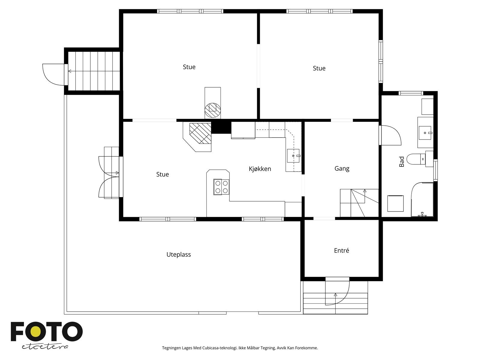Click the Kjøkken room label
tap(260, 169)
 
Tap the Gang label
tap(342, 169)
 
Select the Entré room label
tap(341, 250)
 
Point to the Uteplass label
tap(178, 255)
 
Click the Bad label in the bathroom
tap(402, 162)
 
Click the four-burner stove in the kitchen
tap(221, 187)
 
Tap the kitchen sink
tap(293, 156)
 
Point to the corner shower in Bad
tap(422, 199)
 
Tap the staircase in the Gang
tap(359, 203)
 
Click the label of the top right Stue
tap(319, 68)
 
